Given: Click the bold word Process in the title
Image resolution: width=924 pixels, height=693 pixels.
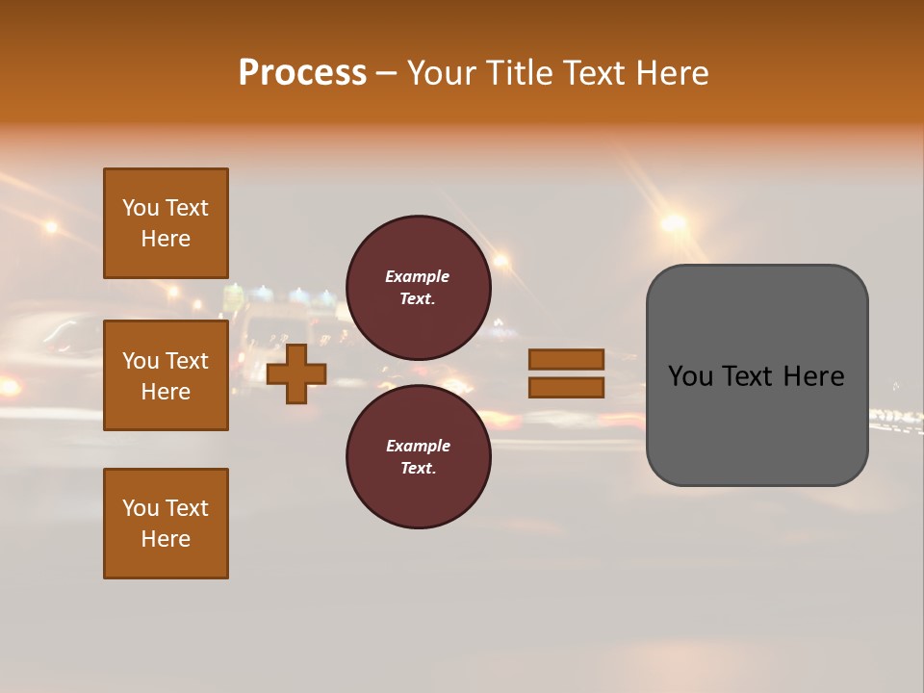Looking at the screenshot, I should [302, 73].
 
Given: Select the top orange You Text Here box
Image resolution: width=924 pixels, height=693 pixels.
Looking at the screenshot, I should [166, 223].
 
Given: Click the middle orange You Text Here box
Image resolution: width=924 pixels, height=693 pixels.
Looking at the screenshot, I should [166, 375].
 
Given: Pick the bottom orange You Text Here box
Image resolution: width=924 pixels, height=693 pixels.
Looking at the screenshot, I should [166, 524].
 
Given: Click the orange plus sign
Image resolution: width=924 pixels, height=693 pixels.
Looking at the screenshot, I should [296, 374].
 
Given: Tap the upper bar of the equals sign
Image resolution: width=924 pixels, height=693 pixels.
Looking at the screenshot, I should [566, 359].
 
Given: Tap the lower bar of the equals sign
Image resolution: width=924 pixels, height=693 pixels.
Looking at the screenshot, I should [566, 388].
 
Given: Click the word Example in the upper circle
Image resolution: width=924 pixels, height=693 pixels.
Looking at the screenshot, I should [417, 276].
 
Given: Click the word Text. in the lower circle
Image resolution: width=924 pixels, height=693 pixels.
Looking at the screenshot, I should [418, 468].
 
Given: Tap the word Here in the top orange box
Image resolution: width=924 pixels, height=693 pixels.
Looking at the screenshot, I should [166, 239].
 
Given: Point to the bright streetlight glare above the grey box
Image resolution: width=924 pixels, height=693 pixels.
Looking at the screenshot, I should [673, 223].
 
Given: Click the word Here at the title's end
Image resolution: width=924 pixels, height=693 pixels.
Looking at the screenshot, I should [672, 73].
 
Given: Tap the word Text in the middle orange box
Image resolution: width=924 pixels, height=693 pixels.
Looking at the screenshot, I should [187, 361].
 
